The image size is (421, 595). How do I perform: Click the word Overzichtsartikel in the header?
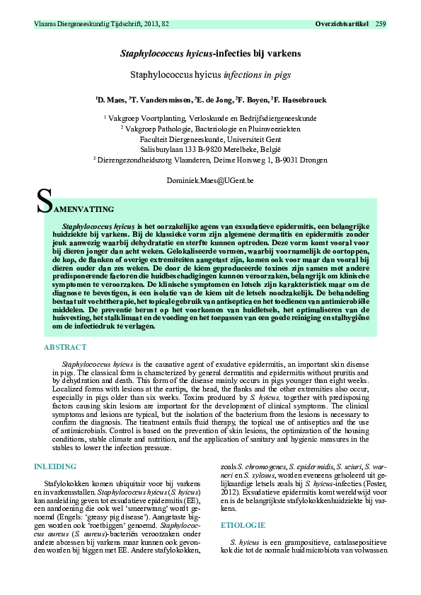click(x=342, y=25)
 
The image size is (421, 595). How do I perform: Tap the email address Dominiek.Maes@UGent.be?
click(x=210, y=181)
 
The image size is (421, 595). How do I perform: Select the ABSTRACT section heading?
click(x=65, y=348)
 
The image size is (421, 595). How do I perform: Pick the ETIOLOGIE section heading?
click(x=243, y=526)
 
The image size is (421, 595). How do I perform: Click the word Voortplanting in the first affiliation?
click(x=163, y=119)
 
